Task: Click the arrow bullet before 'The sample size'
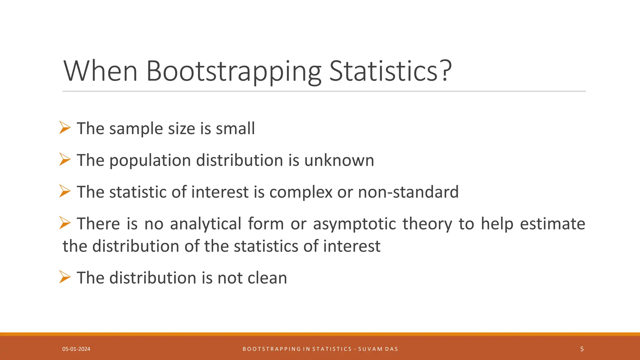pos(65,128)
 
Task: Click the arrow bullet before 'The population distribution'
pos(65,159)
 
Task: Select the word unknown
pos(339,160)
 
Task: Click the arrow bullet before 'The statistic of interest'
pos(65,191)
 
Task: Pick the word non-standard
pos(408,192)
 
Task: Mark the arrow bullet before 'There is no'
pos(65,223)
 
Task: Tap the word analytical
pos(206,224)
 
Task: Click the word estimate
pos(552,224)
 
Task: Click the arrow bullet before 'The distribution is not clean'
pos(65,277)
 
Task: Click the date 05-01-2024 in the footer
pos(76,349)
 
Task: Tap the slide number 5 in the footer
pos(582,349)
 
